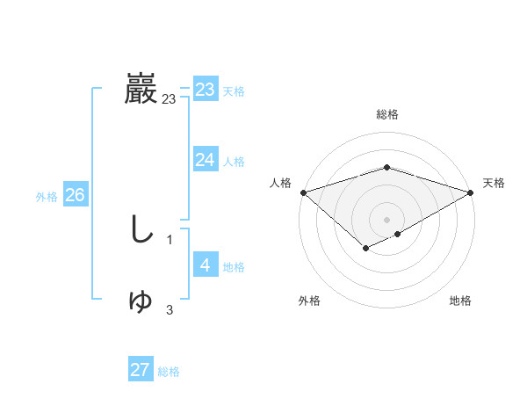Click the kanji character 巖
[x=141, y=89]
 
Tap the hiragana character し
[x=141, y=230]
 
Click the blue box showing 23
[x=206, y=90]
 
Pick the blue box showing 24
[x=206, y=160]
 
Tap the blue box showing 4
[x=206, y=265]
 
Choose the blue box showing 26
[x=76, y=195]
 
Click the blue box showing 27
[x=141, y=370]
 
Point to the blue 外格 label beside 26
[x=47, y=197]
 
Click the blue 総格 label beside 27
[x=169, y=372]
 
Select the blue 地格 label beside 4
[x=234, y=267]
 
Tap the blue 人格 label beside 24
[x=234, y=162]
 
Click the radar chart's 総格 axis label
[x=387, y=114]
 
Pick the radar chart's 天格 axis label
[x=495, y=183]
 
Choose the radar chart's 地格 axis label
[x=460, y=301]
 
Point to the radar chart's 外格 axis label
[x=309, y=301]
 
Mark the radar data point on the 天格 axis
[x=472, y=192]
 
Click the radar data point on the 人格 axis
[x=303, y=192]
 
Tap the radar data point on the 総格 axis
[x=387, y=167]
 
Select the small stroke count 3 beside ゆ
[x=170, y=309]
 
